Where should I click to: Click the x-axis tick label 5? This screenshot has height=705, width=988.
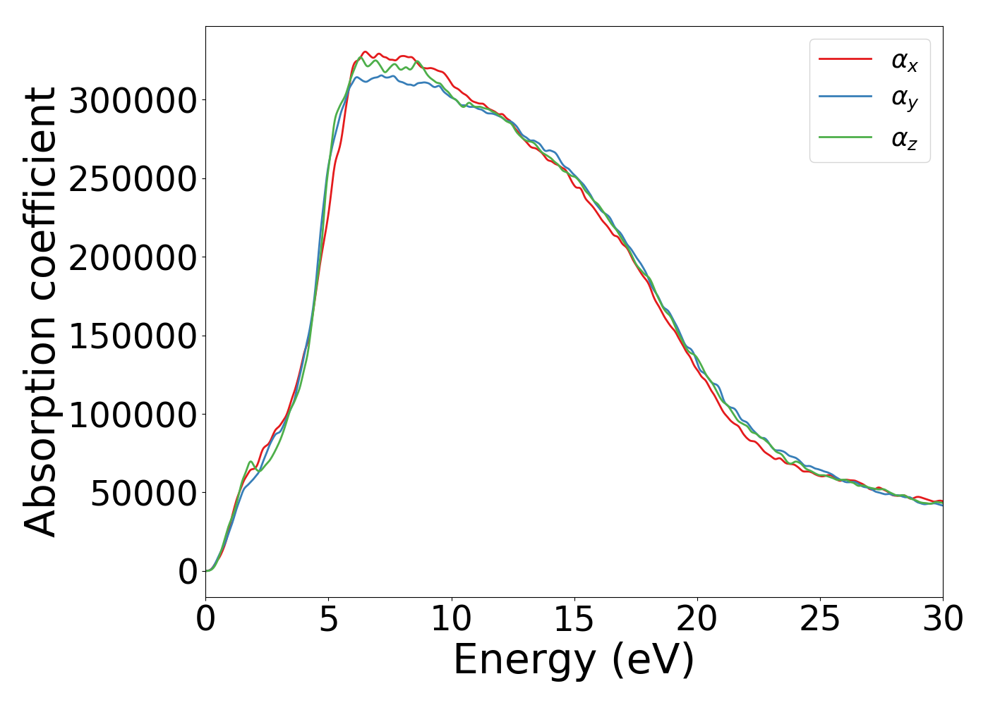pos(329,620)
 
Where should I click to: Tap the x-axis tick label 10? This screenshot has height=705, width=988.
pos(451,620)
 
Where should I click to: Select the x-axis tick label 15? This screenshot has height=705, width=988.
pos(574,620)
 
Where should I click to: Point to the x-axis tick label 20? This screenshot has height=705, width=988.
pos(697,620)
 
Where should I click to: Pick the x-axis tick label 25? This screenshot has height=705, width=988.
pos(819,620)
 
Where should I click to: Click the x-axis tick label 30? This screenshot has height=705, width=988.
pos(942,620)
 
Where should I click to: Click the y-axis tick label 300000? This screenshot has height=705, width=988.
pos(133,101)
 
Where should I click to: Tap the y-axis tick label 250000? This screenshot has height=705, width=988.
pos(133,179)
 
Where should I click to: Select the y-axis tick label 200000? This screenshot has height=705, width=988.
pos(133,258)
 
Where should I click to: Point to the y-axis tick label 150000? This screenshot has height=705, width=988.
pos(133,336)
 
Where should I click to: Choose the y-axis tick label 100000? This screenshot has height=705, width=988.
pos(133,415)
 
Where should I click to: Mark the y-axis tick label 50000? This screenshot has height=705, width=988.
pos(143,493)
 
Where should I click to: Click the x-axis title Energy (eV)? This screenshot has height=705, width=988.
pos(574,661)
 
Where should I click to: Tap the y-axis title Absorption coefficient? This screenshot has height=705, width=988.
pos(40,312)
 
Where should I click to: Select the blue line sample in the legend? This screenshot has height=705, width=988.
pos(845,98)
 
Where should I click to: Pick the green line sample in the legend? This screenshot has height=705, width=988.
pos(845,137)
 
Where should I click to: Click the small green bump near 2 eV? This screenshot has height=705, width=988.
pos(251,462)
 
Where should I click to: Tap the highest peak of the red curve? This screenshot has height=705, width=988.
pos(365,52)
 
